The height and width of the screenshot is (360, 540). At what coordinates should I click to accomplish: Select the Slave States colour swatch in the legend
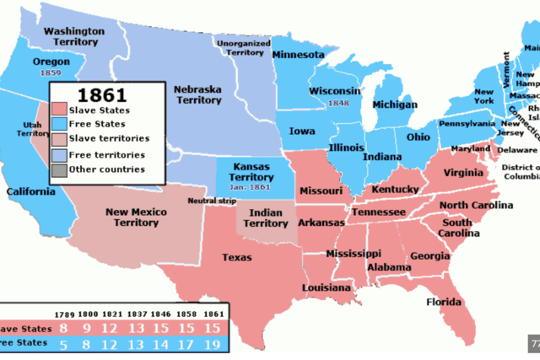click(57, 109)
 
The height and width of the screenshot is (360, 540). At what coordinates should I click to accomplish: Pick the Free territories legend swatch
click(57, 154)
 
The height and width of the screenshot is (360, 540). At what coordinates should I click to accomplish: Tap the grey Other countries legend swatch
click(57, 169)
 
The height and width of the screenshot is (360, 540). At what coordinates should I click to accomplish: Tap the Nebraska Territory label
click(201, 95)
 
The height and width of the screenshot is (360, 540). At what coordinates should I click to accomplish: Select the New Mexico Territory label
click(136, 218)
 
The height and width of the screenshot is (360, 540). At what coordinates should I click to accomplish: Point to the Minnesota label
click(298, 55)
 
